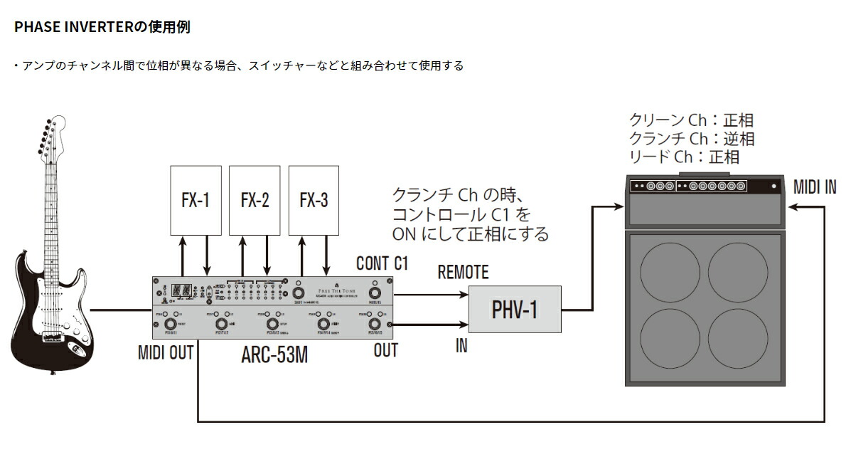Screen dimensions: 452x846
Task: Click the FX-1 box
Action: (x=196, y=200)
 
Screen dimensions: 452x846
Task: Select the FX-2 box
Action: (x=255, y=200)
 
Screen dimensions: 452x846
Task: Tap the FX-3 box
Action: (x=314, y=200)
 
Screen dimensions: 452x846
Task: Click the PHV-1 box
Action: (x=515, y=310)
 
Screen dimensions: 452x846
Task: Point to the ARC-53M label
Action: (x=274, y=354)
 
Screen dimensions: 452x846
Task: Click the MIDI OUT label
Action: (x=166, y=352)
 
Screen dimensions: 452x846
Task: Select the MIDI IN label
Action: (x=815, y=187)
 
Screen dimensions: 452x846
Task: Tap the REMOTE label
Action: (x=463, y=272)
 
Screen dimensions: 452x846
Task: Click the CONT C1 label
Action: (x=382, y=263)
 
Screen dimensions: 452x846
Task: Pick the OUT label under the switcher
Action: (x=385, y=349)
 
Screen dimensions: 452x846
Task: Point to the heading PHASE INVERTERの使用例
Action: (x=102, y=28)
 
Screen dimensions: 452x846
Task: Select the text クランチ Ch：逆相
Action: (x=691, y=139)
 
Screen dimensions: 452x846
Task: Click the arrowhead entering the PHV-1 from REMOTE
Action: (x=465, y=294)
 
